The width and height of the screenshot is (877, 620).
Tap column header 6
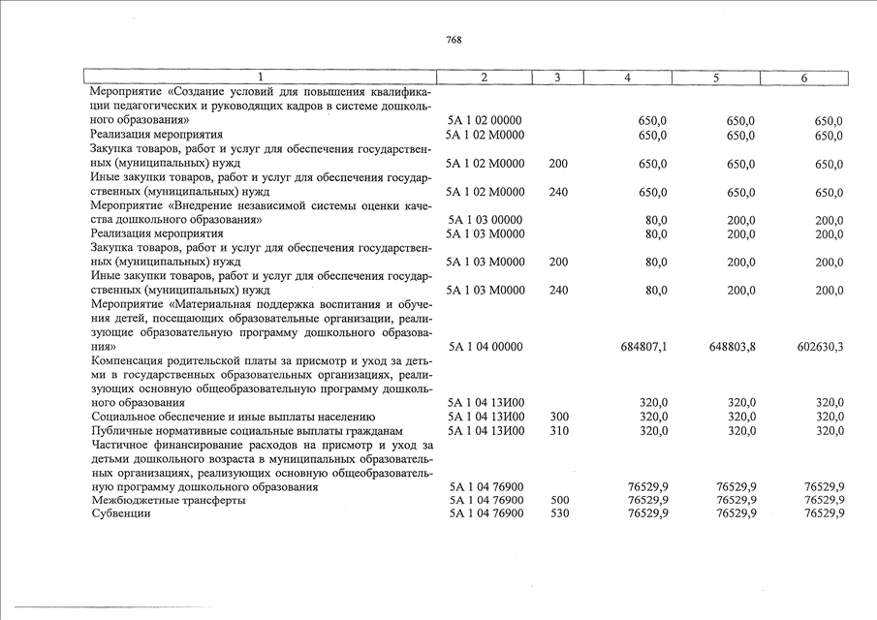click(803, 77)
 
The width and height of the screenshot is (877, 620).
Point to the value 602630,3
click(818, 346)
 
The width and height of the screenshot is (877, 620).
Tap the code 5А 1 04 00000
click(485, 346)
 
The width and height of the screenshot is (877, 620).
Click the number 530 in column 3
click(559, 513)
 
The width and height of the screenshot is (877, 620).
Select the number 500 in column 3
click(559, 500)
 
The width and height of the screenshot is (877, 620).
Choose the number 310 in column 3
click(559, 430)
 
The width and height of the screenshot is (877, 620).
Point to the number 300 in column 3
click(559, 417)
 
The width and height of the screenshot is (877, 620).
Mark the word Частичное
click(120, 445)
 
